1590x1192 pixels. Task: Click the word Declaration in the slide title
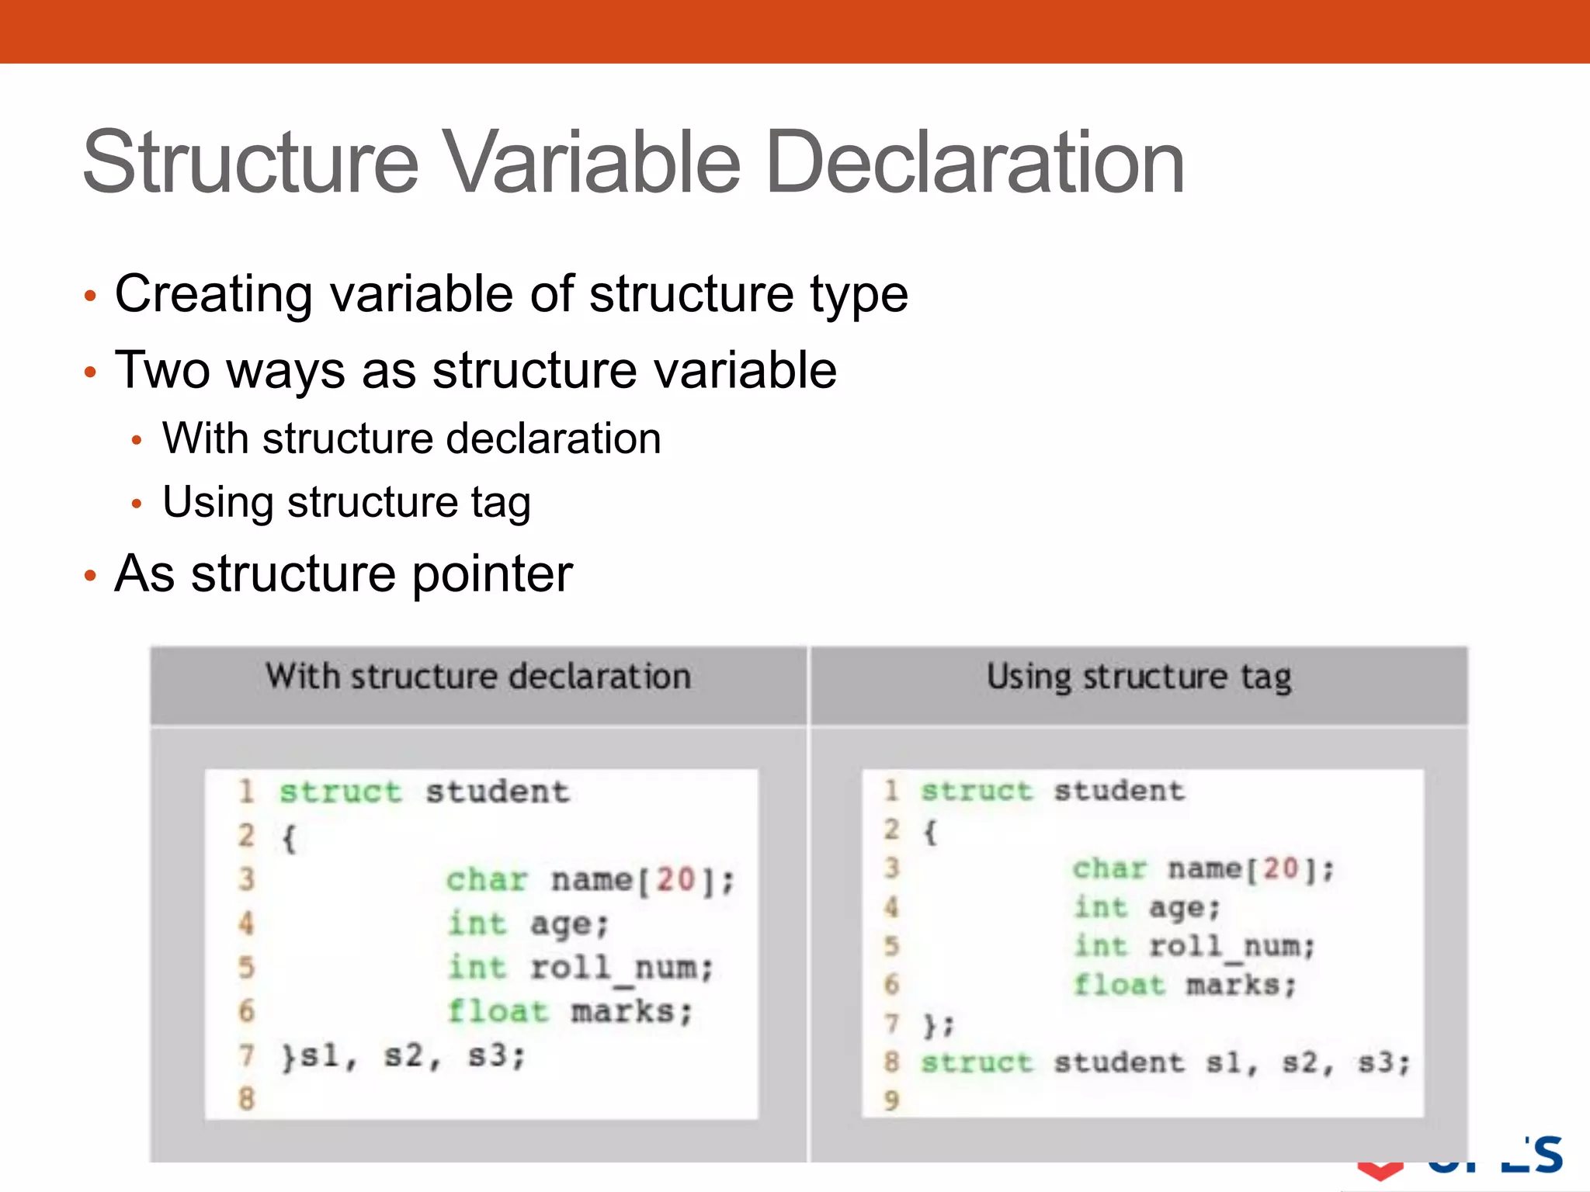[974, 163]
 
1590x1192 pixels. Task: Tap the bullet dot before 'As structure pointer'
[90, 576]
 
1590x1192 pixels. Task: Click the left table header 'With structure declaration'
[478, 677]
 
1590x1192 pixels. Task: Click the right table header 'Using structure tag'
[1139, 677]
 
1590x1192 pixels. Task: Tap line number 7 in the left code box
[246, 1055]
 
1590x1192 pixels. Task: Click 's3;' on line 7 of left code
[497, 1055]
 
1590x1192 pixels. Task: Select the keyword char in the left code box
[487, 880]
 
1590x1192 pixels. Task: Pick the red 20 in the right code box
[1281, 868]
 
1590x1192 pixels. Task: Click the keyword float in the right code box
[1119, 985]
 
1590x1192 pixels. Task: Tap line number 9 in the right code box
[891, 1100]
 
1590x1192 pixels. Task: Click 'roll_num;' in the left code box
[621, 968]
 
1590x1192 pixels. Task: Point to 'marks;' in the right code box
[1241, 985]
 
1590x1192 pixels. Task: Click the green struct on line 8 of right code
[977, 1062]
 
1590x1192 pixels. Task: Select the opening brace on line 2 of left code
[289, 838]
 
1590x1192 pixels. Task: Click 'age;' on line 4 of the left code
[569, 924]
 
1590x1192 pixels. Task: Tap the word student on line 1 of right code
[1119, 791]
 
